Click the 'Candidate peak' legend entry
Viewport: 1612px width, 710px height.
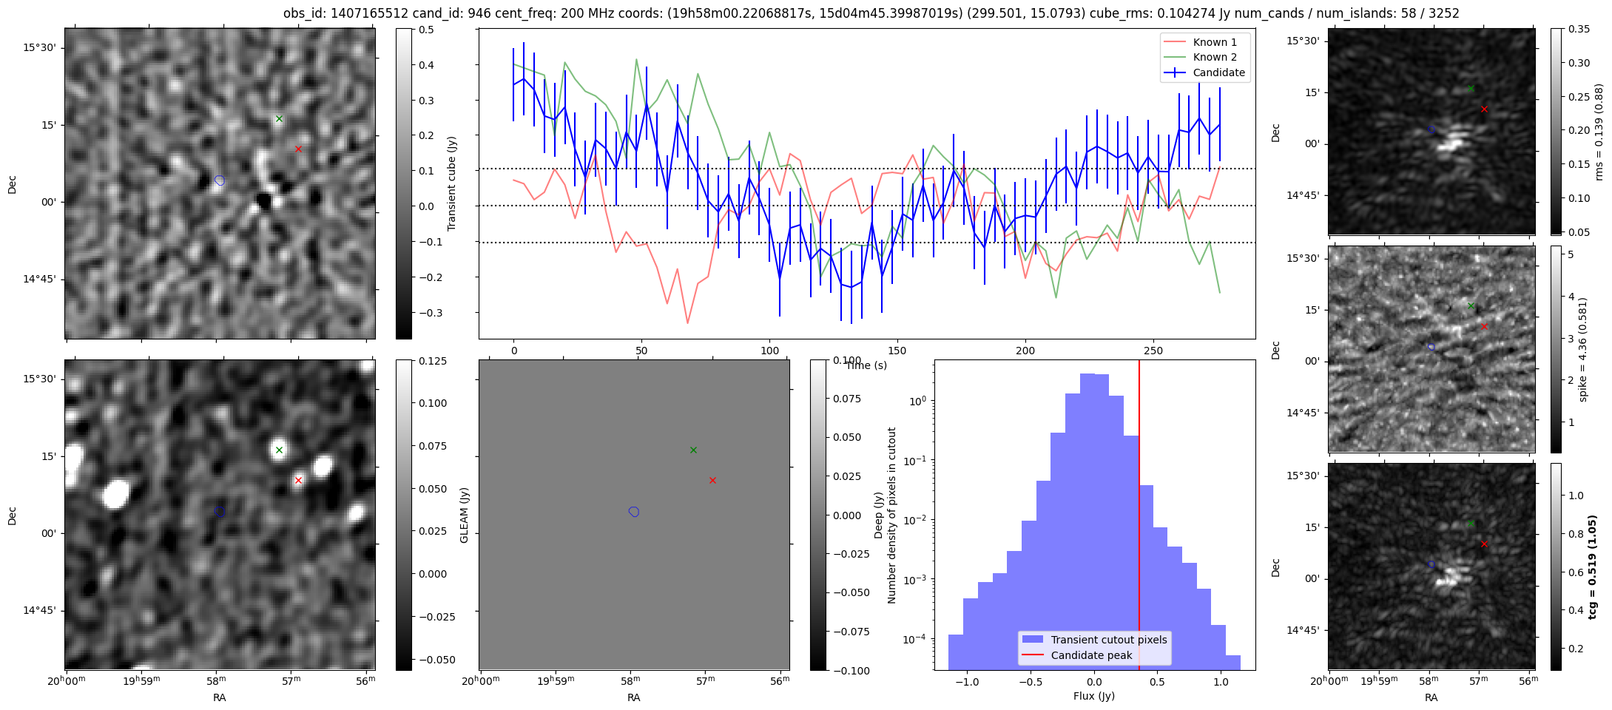pyautogui.click(x=1091, y=655)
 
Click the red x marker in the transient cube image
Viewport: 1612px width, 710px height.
pyautogui.click(x=298, y=149)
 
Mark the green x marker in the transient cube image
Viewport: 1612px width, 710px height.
pyautogui.click(x=279, y=118)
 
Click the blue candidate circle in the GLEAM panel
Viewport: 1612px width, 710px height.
pyautogui.click(x=634, y=512)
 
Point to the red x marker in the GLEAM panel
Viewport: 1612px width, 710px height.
pyautogui.click(x=712, y=480)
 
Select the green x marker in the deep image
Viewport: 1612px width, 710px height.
pyautogui.click(x=279, y=450)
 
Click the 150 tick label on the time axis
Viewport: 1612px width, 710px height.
pyautogui.click(x=897, y=351)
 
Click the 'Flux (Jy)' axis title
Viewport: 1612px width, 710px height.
pyautogui.click(x=1093, y=696)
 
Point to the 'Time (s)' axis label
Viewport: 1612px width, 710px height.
pyautogui.click(x=866, y=365)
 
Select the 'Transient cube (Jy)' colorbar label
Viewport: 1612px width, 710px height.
pyautogui.click(x=452, y=183)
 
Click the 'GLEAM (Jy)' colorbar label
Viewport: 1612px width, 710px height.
pyautogui.click(x=465, y=515)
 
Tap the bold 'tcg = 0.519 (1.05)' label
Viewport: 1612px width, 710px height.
pyautogui.click(x=1592, y=567)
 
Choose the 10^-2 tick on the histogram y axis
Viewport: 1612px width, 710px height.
pyautogui.click(x=918, y=520)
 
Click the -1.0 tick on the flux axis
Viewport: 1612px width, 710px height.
pyautogui.click(x=967, y=682)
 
